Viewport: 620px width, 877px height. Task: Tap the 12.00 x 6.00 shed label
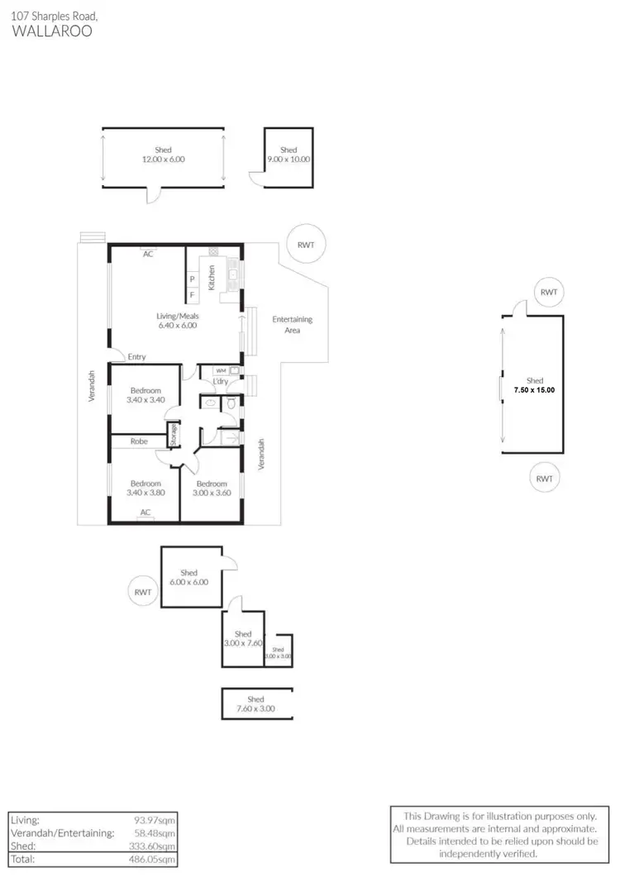(x=163, y=160)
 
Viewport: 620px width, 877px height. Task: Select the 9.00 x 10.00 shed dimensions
(x=289, y=160)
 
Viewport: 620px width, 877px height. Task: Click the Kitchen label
(x=212, y=277)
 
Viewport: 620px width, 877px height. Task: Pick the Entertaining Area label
(x=292, y=324)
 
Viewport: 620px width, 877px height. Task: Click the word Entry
(x=137, y=357)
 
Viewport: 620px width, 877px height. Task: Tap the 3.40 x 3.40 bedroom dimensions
(x=145, y=399)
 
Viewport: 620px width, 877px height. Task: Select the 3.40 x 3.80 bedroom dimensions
(x=145, y=493)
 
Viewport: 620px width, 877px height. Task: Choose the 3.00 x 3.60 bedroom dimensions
(x=212, y=493)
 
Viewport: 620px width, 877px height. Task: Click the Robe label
(x=139, y=441)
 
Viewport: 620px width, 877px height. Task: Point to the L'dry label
(x=221, y=381)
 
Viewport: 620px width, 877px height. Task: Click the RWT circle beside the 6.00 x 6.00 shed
(x=143, y=592)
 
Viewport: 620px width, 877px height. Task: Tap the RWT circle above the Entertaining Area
(x=311, y=244)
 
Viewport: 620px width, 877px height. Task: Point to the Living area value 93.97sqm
(x=157, y=819)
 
